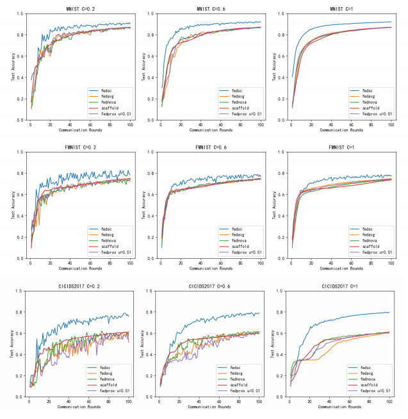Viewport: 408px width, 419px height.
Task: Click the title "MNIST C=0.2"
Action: click(x=80, y=9)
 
